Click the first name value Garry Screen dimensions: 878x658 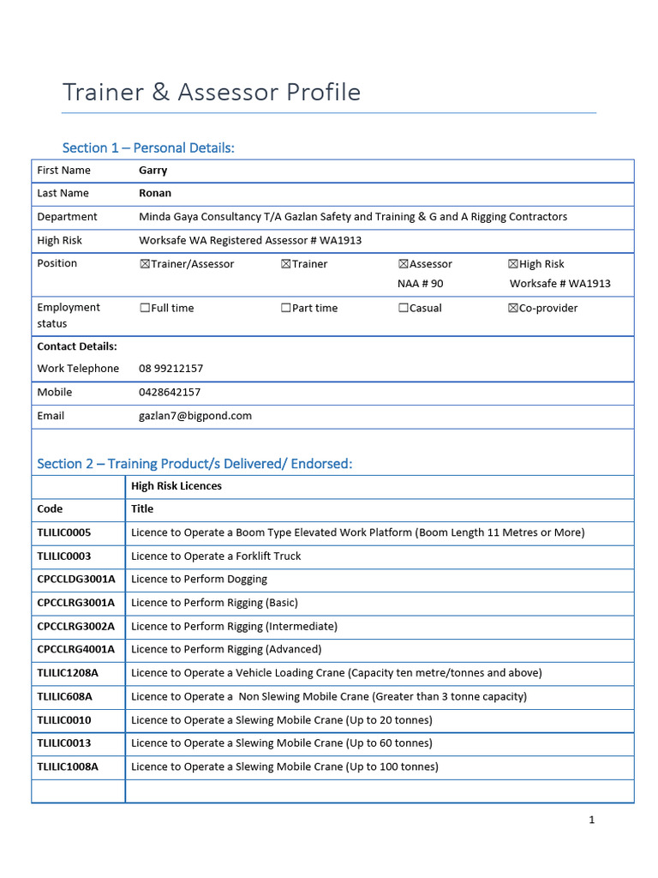tap(153, 170)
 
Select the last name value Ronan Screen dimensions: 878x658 tap(155, 193)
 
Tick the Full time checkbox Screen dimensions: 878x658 tap(145, 308)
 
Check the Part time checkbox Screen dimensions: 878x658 tap(286, 308)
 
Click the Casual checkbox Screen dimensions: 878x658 tap(404, 308)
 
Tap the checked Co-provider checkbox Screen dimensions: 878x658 tap(513, 308)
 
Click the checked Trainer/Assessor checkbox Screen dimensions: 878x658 tap(145, 264)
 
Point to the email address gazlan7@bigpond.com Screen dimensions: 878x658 tap(195, 416)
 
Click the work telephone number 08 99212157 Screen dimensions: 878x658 tap(171, 369)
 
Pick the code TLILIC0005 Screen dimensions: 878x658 tap(64, 532)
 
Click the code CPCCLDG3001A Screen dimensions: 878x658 tap(76, 580)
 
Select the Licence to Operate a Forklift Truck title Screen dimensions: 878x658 tap(216, 556)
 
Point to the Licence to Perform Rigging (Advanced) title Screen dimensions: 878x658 tap(226, 649)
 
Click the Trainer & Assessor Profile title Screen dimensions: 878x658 tap(212, 93)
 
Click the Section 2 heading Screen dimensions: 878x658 tap(194, 464)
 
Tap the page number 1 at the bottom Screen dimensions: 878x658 tap(591, 820)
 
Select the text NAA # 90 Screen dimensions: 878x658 tap(421, 283)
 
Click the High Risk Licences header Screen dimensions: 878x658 tap(176, 486)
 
